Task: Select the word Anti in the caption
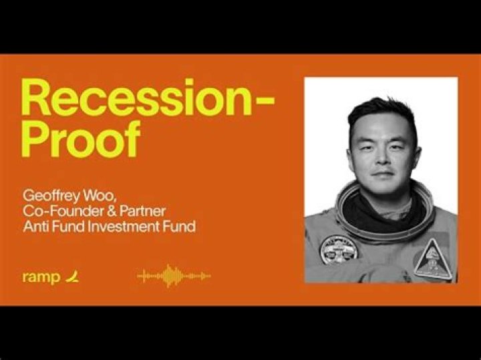33,226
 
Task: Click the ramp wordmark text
41,277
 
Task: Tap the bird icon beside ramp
72,276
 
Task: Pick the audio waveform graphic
174,276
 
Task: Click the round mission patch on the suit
338,248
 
